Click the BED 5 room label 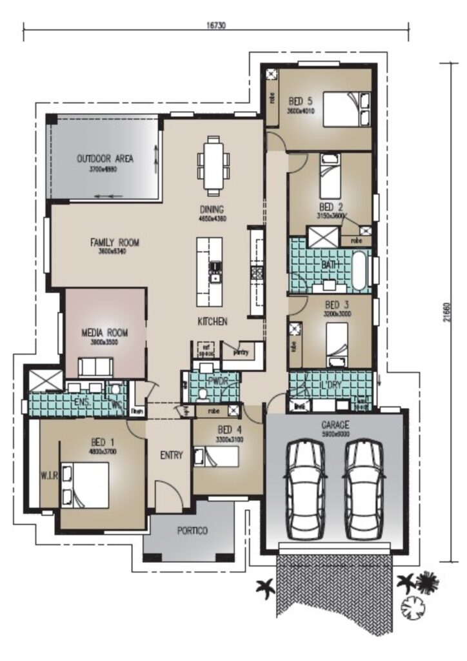click(301, 101)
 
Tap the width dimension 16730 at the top click(216, 26)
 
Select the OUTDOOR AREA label click(105, 158)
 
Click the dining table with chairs click(212, 165)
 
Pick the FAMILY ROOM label click(115, 243)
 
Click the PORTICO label click(192, 531)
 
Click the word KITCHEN click(212, 321)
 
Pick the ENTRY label click(171, 455)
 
